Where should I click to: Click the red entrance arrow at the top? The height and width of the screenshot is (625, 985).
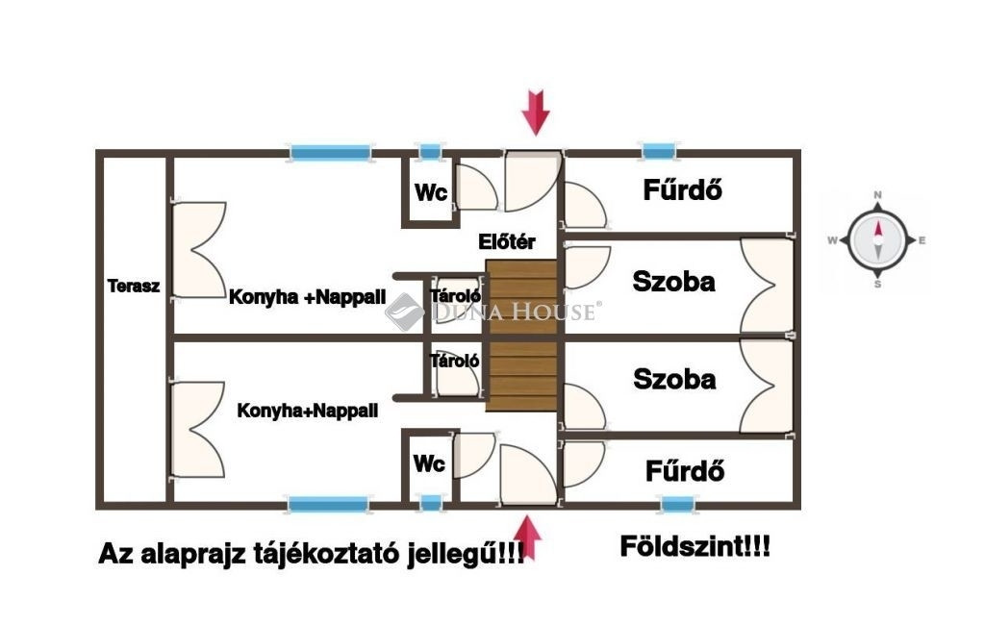536,112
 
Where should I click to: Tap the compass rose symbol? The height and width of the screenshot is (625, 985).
877,239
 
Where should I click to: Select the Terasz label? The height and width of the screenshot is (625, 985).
133,286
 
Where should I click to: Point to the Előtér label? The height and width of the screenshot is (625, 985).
507,242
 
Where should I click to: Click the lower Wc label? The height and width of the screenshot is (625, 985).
429,463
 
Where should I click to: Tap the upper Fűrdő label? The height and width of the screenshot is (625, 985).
683,190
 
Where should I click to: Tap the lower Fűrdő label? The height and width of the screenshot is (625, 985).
684,471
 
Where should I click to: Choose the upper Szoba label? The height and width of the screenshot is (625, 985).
673,282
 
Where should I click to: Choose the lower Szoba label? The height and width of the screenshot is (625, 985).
674,379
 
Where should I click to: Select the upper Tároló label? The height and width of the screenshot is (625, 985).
455,295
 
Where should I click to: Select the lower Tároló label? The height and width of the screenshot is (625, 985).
455,362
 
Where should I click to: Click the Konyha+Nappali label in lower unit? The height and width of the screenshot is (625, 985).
307,411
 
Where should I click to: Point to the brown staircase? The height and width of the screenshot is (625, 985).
521,336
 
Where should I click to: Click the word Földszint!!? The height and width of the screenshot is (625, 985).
694,549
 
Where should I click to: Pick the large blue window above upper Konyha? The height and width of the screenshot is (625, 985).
331,152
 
